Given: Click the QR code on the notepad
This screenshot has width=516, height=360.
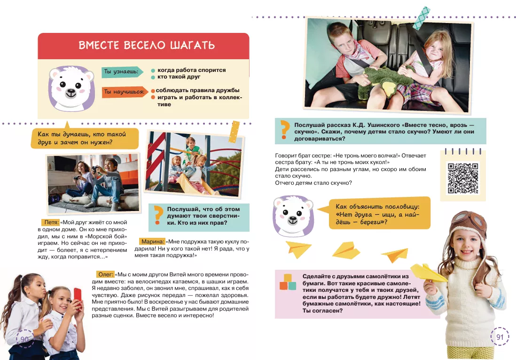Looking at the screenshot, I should click(462, 178).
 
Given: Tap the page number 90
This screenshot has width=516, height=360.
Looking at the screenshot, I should click(25, 338).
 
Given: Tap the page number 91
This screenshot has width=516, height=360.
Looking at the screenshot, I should click(500, 337).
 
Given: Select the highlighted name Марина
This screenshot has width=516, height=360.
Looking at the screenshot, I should click(152, 242).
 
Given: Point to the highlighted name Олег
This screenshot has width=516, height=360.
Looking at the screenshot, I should click(106, 274).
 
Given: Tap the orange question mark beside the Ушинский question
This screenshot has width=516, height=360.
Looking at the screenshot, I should click(283, 130).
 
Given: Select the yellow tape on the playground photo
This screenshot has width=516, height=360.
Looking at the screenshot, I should click(234, 132).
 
